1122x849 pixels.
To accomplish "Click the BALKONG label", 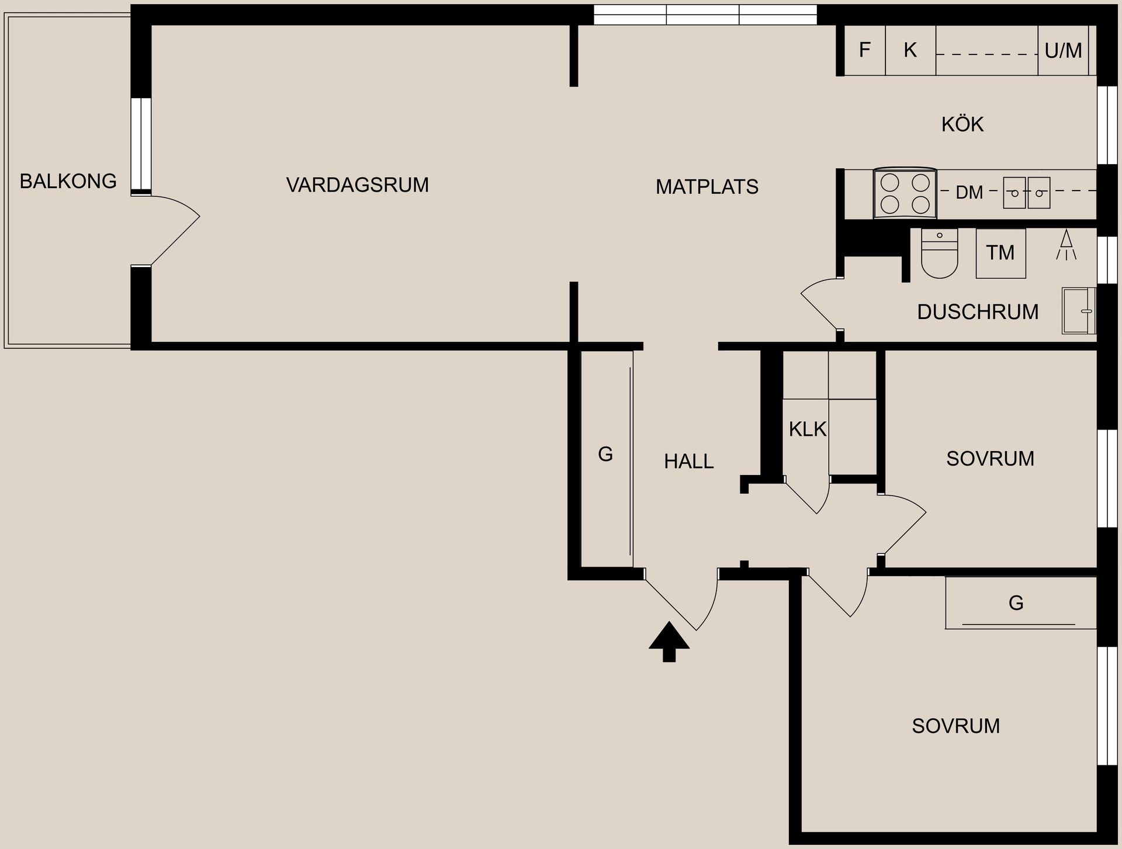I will click(x=68, y=181).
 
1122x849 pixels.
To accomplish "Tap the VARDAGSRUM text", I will click(x=357, y=185).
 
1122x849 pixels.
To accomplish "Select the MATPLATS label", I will click(x=707, y=187).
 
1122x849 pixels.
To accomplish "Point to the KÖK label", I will click(x=962, y=124).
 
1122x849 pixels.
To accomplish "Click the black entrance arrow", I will click(x=669, y=641).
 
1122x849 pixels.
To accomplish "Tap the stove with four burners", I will click(x=905, y=194).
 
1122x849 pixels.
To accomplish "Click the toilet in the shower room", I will click(x=939, y=255).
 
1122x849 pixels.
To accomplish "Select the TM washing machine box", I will click(x=1000, y=253).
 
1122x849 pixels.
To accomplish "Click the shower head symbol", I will click(x=1066, y=245).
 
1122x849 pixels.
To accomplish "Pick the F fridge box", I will click(x=865, y=50).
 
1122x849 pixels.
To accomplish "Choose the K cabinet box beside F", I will click(x=910, y=50).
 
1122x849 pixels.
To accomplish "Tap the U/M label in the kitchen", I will click(x=1063, y=51).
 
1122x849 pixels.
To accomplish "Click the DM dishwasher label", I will click(x=969, y=192).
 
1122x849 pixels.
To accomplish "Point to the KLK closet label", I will click(x=807, y=429).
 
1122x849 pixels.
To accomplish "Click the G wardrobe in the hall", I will click(x=606, y=455).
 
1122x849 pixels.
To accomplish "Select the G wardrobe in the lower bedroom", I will click(x=1016, y=603).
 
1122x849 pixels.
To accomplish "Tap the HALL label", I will click(x=688, y=462).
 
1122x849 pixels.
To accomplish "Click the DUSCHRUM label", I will click(x=978, y=312).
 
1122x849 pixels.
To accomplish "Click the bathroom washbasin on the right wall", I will click(x=1078, y=310).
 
